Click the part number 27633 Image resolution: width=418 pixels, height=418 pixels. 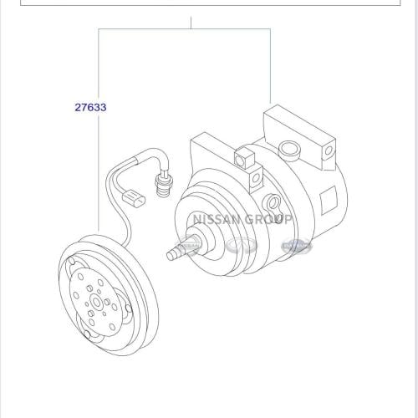pos(90,107)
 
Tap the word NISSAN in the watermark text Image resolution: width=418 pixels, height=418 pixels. pos(217,219)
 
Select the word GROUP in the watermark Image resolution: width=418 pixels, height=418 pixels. pos(268,219)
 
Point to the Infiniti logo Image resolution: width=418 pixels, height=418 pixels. pos(242,246)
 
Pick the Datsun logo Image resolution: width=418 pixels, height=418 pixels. pos(296,246)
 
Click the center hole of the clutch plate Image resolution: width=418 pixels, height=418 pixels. pos(97,303)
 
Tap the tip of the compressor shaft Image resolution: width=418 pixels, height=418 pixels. pos(169,256)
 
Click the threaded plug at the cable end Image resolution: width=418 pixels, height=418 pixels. pos(164,184)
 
